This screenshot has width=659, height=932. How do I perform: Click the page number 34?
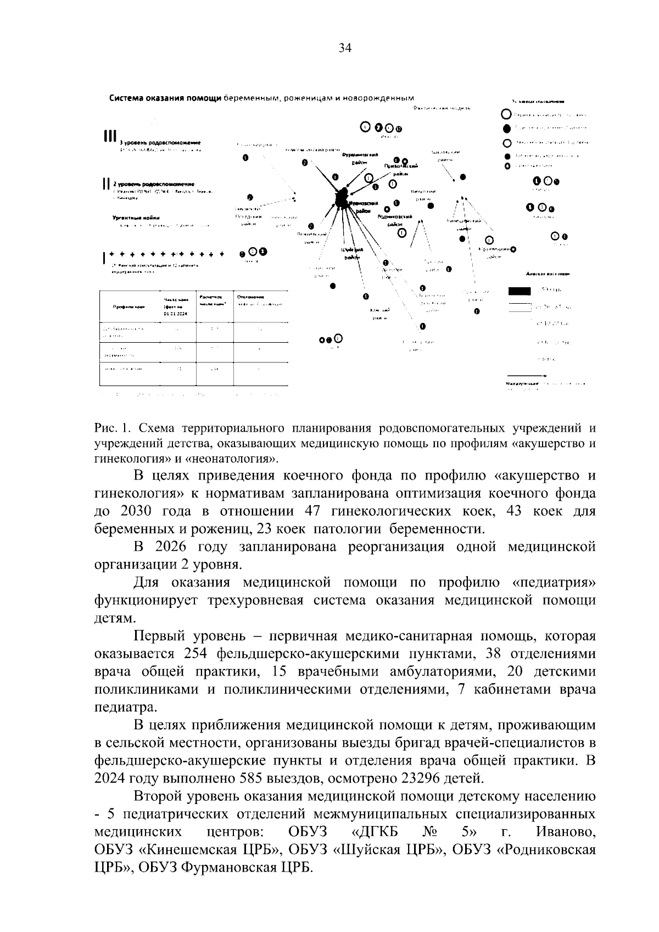[x=344, y=48]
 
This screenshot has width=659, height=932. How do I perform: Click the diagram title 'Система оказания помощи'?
[x=165, y=99]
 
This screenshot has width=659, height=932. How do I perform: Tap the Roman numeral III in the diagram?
[x=110, y=136]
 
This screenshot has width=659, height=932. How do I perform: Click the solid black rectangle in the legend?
[x=519, y=291]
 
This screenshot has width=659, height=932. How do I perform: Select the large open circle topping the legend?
[x=506, y=115]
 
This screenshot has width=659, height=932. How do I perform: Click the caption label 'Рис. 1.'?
[x=111, y=428]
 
